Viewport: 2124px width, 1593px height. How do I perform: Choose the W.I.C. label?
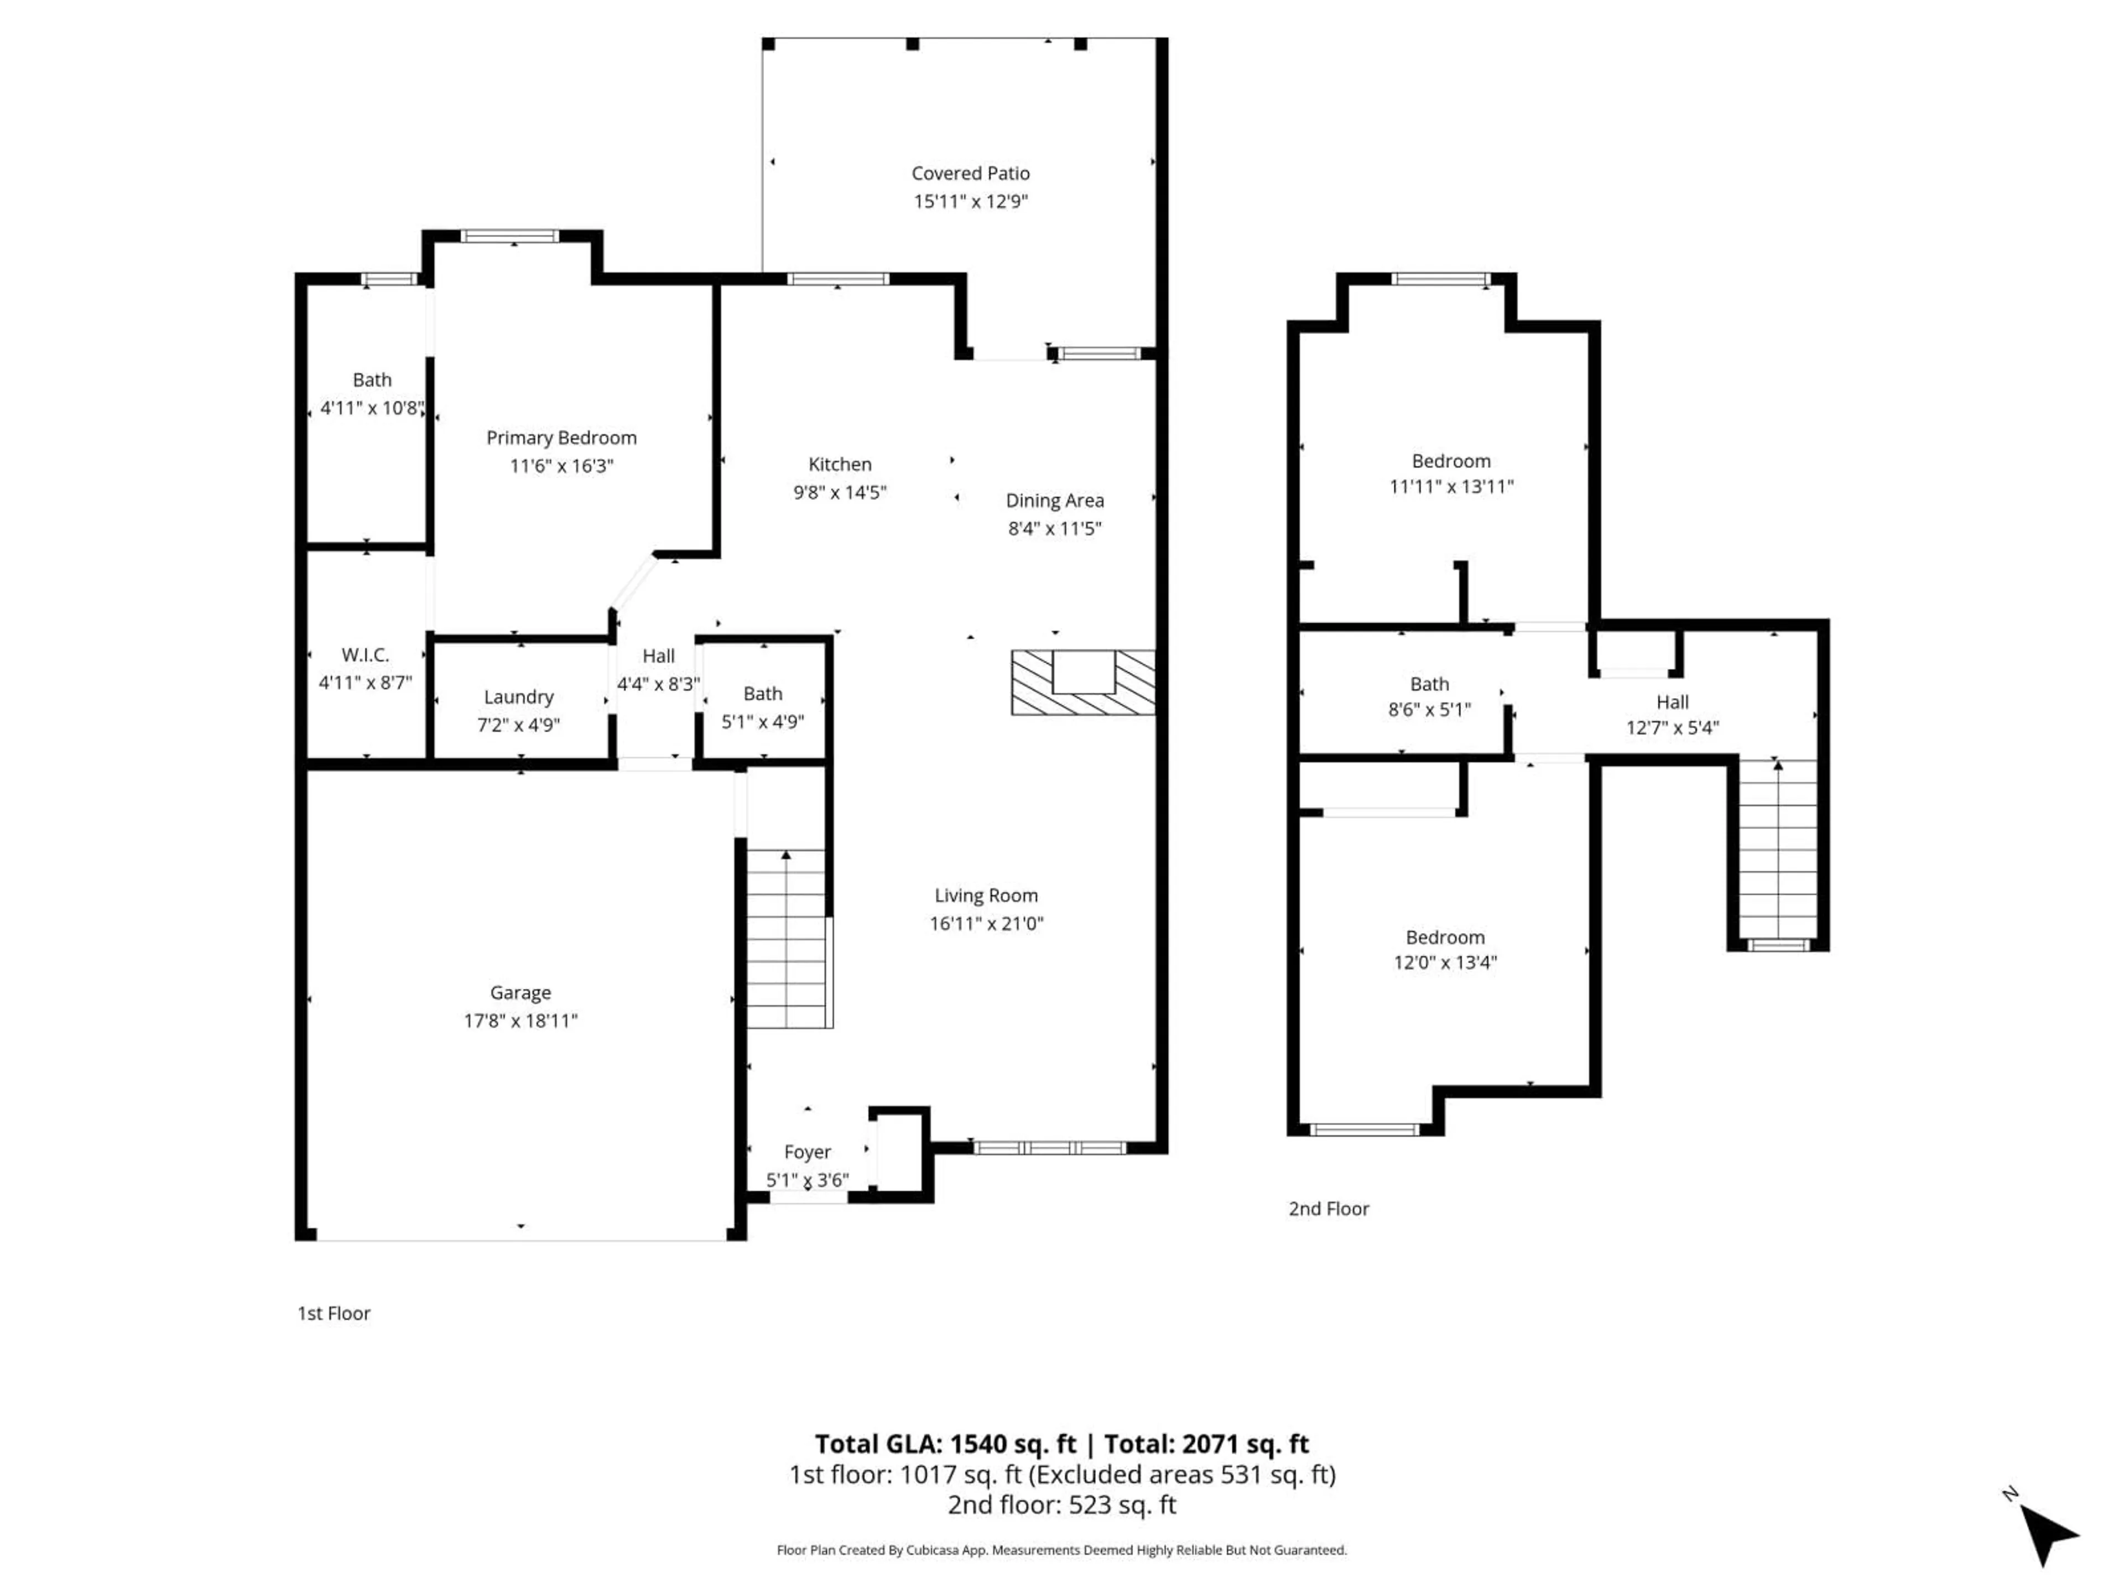[x=365, y=655]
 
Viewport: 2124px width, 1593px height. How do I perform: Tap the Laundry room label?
[x=518, y=697]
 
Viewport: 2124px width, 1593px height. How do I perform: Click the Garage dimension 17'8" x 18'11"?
[x=520, y=1021]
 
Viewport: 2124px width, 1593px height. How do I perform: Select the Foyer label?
[x=806, y=1151]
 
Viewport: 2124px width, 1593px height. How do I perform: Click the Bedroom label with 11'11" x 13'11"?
[x=1451, y=461]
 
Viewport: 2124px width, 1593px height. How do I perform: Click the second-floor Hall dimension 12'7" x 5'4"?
[x=1672, y=728]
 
